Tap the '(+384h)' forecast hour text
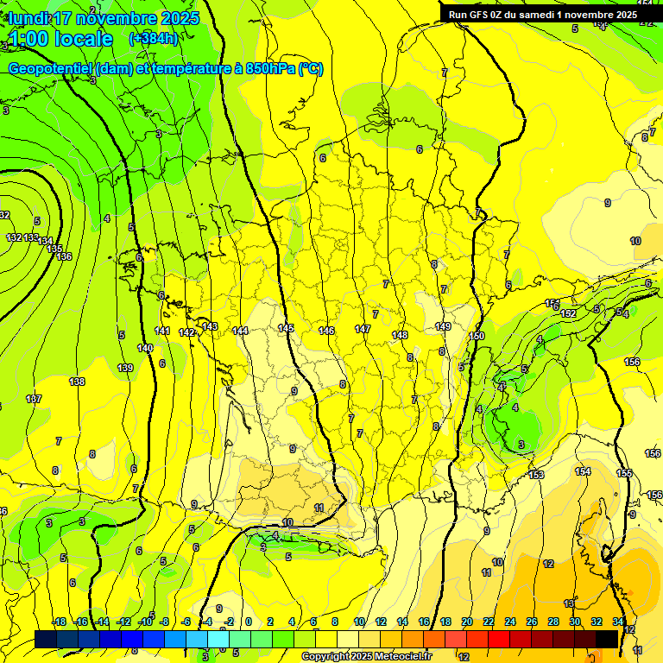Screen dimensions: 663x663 153,39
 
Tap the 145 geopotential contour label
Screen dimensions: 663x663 286,329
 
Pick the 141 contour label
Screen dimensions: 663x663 162,331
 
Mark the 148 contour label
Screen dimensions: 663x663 400,335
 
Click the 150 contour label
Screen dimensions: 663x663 477,336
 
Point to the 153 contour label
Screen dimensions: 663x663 536,475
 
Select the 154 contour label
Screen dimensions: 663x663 584,471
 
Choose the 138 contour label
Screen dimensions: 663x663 77,382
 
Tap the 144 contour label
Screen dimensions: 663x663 241,331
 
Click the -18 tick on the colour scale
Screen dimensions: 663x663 59,622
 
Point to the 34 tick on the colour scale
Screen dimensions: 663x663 618,622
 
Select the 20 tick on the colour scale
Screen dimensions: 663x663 467,622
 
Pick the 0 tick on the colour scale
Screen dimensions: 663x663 248,622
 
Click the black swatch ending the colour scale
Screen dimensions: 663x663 607,639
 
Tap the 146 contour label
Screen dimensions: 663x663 326,331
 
